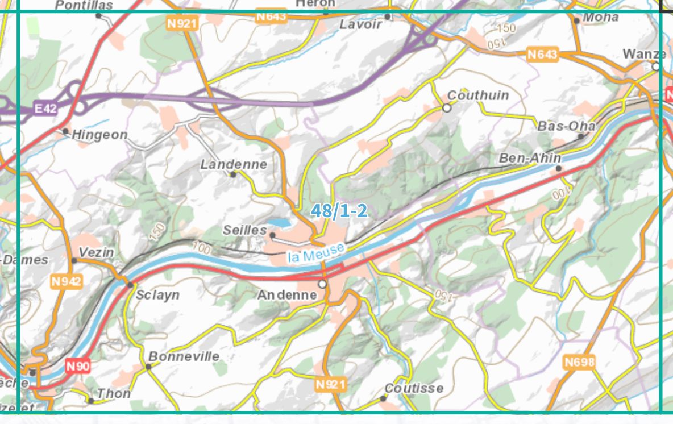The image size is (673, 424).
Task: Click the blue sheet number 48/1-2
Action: pos(339,211)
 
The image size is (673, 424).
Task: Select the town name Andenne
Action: pos(287,295)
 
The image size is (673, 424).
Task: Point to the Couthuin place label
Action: pos(478,95)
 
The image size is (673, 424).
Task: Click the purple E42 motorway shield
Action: pos(45,108)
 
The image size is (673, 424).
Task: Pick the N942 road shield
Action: pos(67,281)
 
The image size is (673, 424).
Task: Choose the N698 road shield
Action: pos(579,361)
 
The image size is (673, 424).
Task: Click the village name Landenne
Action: pos(234,164)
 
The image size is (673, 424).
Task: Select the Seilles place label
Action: pos(245,230)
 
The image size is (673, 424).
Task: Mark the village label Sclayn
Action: pos(157,294)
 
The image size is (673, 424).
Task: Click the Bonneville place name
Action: pos(184,356)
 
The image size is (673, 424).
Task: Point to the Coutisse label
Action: pos(414,388)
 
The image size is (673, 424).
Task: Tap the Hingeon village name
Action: pos(99,135)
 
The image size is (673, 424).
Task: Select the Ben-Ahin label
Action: pos(530,158)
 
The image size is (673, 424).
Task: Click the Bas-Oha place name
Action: pos(566,126)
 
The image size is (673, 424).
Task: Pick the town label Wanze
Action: pos(644,54)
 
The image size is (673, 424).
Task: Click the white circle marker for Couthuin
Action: pos(447,107)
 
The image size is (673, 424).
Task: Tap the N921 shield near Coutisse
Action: pos(330,385)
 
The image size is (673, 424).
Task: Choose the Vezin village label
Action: pos(96,252)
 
